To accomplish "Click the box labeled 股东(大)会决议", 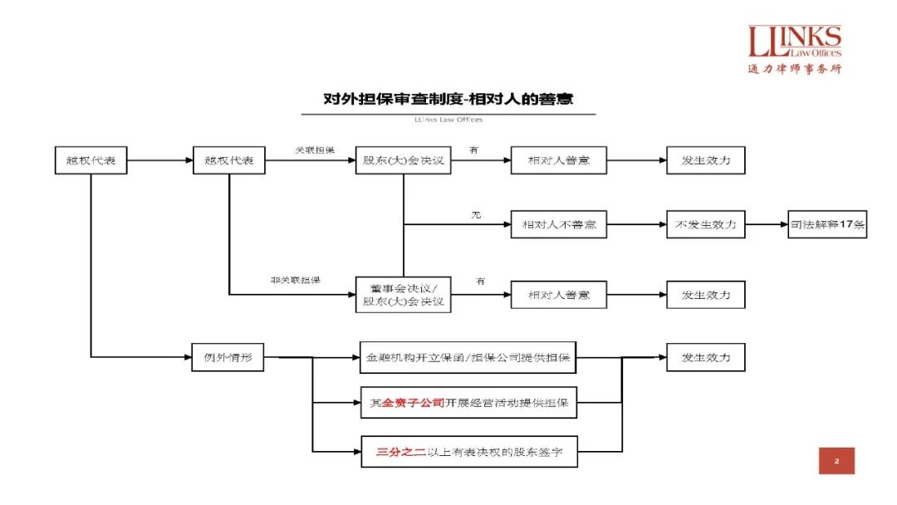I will click(403, 160).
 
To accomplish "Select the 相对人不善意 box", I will click(558, 224).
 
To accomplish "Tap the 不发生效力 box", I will click(705, 224).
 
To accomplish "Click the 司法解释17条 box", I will click(827, 224).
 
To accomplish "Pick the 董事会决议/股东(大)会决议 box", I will click(403, 294).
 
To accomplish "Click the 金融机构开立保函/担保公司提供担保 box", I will click(468, 358).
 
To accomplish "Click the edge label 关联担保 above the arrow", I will click(315, 150).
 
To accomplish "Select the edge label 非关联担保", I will click(295, 281).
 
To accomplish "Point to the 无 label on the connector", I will click(477, 215).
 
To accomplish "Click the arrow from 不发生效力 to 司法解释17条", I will click(766, 224).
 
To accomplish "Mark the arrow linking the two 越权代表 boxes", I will click(159, 160).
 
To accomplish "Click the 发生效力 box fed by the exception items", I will click(705, 358).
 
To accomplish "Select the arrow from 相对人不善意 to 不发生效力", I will click(636, 224).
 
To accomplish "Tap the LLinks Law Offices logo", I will click(794, 41).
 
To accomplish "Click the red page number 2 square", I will click(836, 461).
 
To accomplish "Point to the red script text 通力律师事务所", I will click(794, 69).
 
